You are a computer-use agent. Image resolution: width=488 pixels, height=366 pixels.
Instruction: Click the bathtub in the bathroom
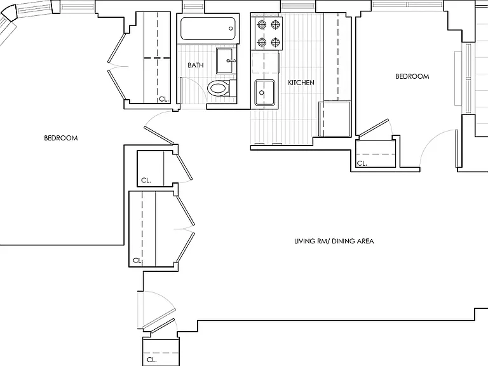pyautogui.click(x=208, y=29)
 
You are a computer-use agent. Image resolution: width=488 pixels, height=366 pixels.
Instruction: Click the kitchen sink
pyautogui.click(x=265, y=93)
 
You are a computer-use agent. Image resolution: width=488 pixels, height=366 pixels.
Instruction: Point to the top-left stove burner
pyautogui.click(x=262, y=24)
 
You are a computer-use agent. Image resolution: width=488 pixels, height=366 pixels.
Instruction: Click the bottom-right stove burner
pyautogui.click(x=275, y=42)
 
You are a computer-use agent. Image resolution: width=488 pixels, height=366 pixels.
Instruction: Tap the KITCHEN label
pyautogui.click(x=301, y=83)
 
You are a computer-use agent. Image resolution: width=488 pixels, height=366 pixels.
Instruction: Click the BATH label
pyautogui.click(x=196, y=65)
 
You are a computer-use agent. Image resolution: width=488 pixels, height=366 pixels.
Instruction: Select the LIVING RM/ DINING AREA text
pyautogui.click(x=334, y=241)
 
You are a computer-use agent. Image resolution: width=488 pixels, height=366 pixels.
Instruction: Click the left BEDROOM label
pyautogui.click(x=61, y=138)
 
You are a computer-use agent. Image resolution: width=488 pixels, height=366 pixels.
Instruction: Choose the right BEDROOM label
pyautogui.click(x=412, y=76)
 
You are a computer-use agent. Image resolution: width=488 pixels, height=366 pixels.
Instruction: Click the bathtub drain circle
pyautogui.click(x=231, y=29)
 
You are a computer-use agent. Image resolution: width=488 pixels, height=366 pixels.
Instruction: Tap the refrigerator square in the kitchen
pyautogui.click(x=335, y=119)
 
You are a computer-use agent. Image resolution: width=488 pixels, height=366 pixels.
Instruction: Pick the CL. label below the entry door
pyautogui.click(x=152, y=360)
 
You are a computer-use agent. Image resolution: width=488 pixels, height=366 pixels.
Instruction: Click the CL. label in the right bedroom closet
pyautogui.click(x=362, y=163)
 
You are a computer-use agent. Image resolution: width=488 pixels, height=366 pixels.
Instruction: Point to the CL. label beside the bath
pyautogui.click(x=164, y=99)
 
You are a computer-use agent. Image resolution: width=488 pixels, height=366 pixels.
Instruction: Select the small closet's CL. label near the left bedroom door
pyautogui.click(x=146, y=180)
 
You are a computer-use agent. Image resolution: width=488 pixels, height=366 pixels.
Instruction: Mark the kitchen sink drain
pyautogui.click(x=262, y=93)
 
